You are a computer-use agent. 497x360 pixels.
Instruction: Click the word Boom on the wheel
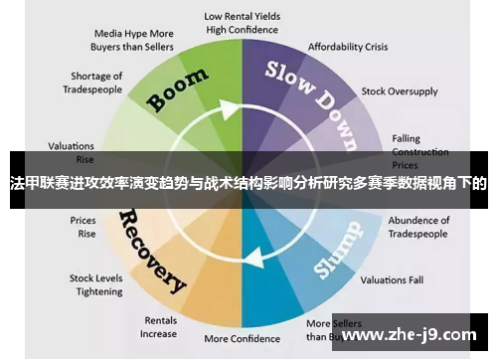[178, 90]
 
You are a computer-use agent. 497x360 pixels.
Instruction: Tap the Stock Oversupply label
[399, 91]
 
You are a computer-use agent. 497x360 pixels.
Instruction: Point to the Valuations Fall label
[391, 279]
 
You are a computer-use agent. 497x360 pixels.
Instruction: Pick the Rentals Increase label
[160, 327]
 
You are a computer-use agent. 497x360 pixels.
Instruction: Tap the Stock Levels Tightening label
[95, 284]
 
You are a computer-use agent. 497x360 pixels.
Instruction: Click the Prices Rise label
[83, 227]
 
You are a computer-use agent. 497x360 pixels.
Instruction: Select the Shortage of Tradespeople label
[96, 83]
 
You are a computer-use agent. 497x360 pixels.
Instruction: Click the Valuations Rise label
[72, 151]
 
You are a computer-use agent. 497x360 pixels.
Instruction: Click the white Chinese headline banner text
[248, 184]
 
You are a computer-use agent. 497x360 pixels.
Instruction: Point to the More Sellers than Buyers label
[331, 330]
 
